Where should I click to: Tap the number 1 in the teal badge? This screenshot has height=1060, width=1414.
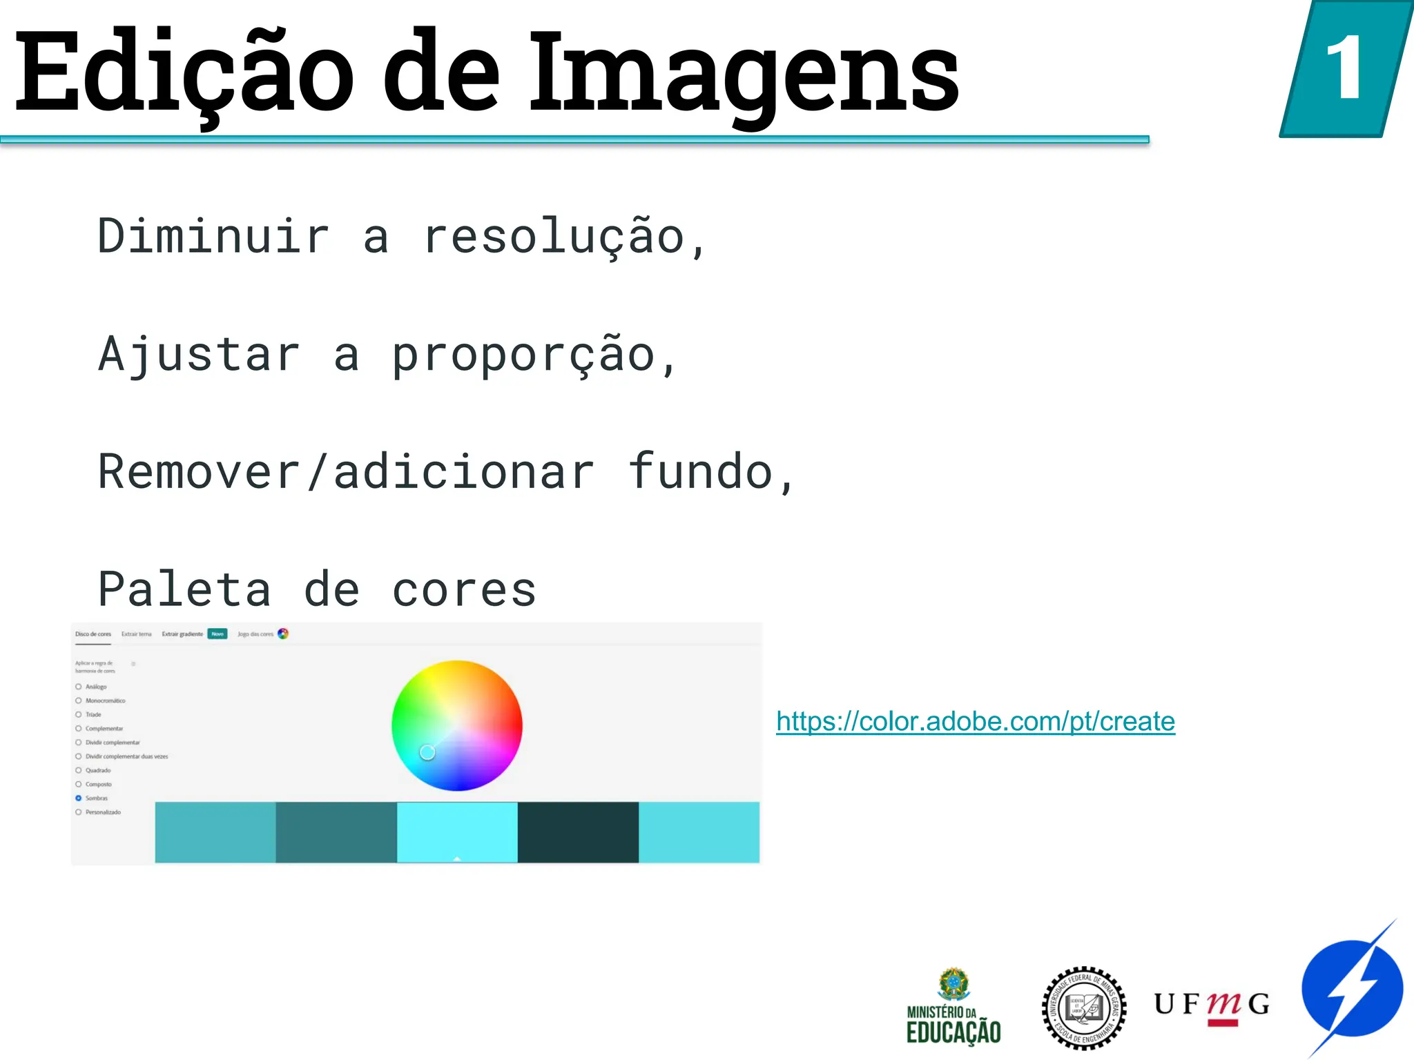(x=1344, y=69)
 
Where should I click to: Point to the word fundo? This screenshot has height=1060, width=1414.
(x=700, y=472)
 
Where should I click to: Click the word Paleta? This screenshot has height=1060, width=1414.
(x=184, y=590)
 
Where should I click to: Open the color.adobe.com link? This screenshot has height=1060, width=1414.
(x=975, y=722)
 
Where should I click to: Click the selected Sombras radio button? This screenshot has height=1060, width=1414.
(x=79, y=798)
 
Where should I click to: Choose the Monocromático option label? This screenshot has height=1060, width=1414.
(x=106, y=701)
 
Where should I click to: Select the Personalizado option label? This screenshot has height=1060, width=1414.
(x=103, y=812)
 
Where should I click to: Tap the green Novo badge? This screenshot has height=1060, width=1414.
(x=217, y=634)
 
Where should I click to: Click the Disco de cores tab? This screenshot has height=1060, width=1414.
(x=93, y=634)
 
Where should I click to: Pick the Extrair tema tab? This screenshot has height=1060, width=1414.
(x=136, y=634)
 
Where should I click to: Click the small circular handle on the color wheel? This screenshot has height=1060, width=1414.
(x=427, y=752)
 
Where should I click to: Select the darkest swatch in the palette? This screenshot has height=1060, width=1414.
(x=578, y=832)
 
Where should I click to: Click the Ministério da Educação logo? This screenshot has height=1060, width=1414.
(x=953, y=1007)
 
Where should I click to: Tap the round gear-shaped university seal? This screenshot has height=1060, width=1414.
(x=1083, y=1008)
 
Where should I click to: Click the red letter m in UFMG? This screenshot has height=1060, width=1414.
(x=1223, y=1005)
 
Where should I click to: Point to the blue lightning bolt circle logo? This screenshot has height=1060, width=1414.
(x=1352, y=989)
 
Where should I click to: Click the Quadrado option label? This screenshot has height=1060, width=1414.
(x=98, y=771)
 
